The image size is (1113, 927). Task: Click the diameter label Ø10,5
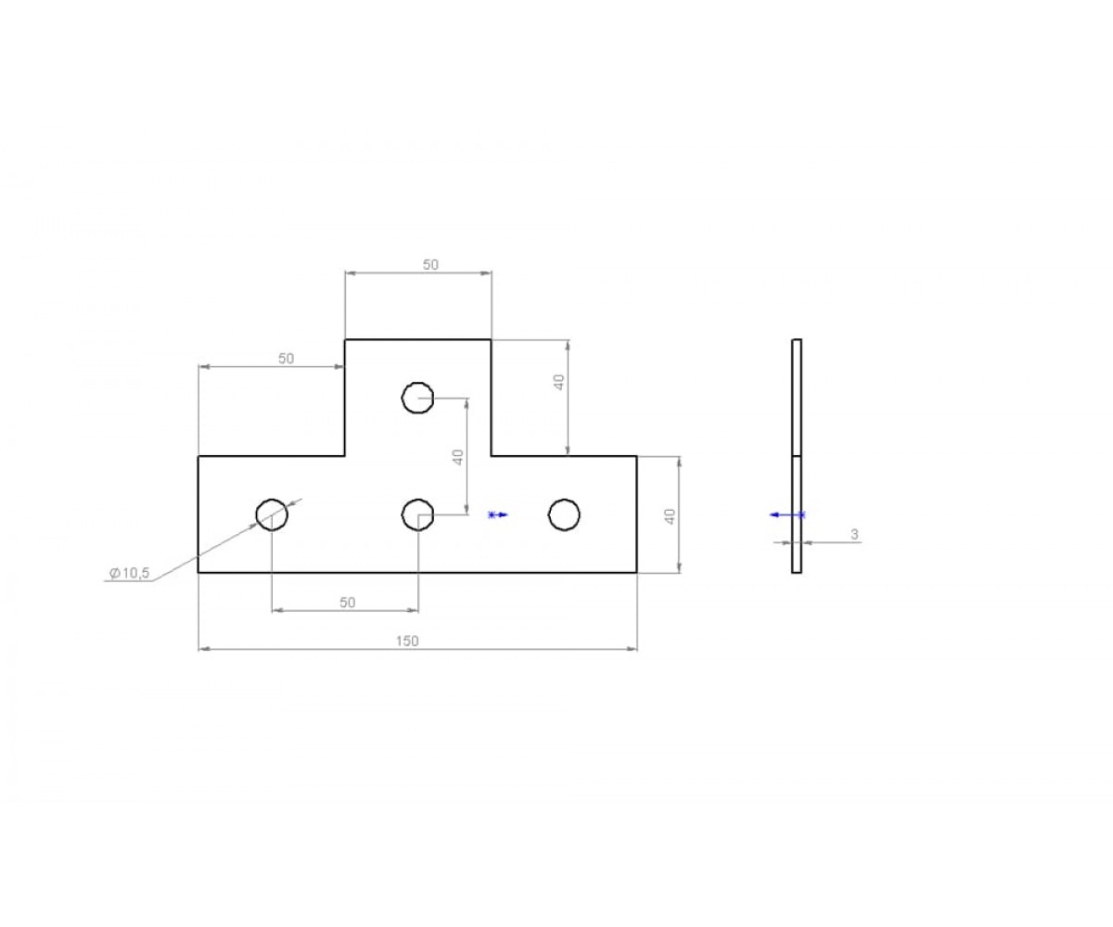tap(130, 574)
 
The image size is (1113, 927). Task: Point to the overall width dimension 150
tap(407, 641)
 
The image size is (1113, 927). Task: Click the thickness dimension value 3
tap(854, 534)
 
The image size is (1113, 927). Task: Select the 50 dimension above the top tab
tap(430, 264)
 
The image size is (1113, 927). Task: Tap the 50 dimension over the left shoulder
tap(287, 359)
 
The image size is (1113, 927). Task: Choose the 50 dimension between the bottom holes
tap(348, 603)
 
